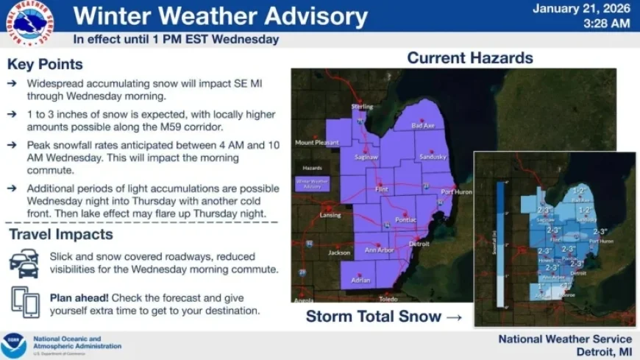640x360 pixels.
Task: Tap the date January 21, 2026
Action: point(581,9)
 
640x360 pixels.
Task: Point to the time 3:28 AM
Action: point(606,24)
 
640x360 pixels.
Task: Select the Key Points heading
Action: point(45,65)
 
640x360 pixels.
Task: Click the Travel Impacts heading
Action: point(60,235)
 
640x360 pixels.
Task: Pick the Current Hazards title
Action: point(470,57)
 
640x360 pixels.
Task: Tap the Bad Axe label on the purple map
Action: point(423,127)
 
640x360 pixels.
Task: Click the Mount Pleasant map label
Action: point(315,142)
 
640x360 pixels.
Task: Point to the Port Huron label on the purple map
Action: point(455,192)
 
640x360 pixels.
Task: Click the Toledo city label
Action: point(388,299)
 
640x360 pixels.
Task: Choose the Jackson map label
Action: point(339,252)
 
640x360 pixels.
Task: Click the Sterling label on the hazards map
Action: point(363,107)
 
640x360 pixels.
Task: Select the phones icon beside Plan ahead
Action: point(25,301)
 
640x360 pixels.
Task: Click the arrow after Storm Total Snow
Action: point(455,317)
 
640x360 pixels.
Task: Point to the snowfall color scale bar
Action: point(500,243)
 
